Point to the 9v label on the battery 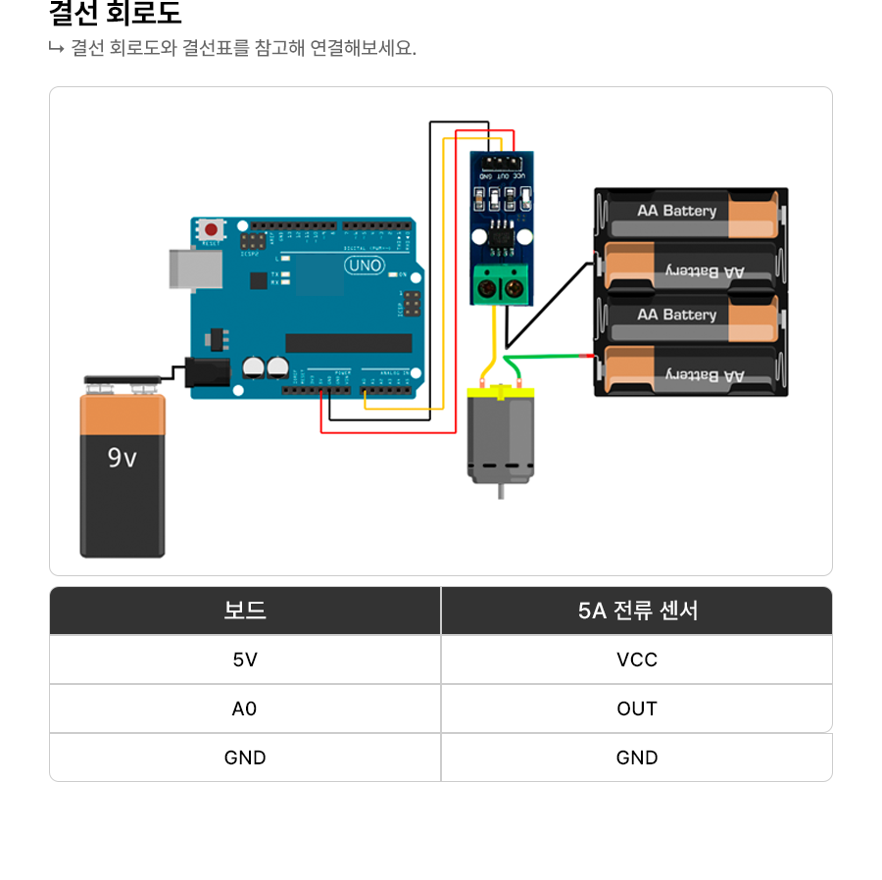(x=122, y=458)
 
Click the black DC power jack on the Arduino (x=207, y=372)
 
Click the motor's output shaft (x=501, y=491)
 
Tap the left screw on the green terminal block (x=487, y=288)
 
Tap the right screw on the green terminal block (x=513, y=288)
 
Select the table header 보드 (x=245, y=611)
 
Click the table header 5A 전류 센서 (x=637, y=611)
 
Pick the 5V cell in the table (x=245, y=660)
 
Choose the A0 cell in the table (x=245, y=709)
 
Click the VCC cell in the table (x=637, y=660)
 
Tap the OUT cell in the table (x=637, y=709)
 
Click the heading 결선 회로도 (x=116, y=15)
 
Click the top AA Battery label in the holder (x=676, y=211)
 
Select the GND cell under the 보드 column (x=245, y=758)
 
